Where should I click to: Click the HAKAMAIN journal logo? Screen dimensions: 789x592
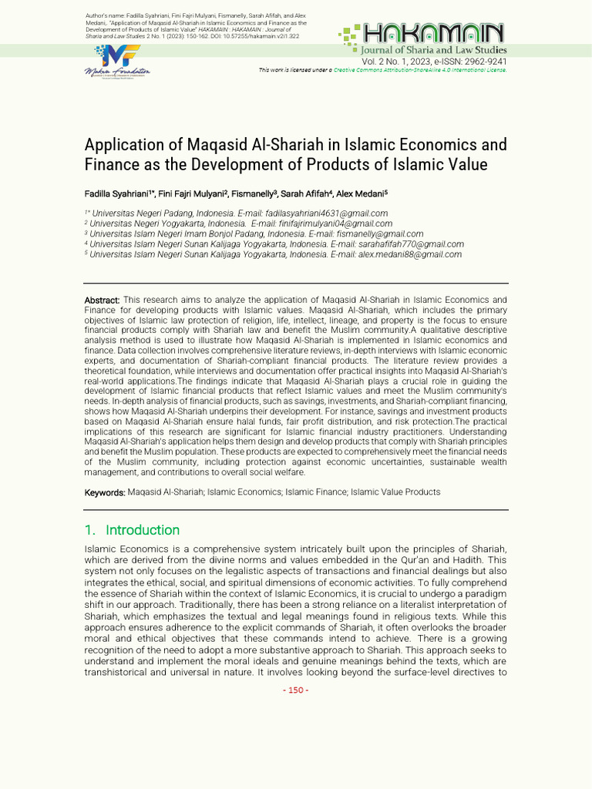(422, 34)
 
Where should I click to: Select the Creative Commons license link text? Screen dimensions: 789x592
(420, 69)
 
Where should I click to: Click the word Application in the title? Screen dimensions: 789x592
(123, 145)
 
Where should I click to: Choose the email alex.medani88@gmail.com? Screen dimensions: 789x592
(409, 254)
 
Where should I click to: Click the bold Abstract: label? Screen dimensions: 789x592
(102, 300)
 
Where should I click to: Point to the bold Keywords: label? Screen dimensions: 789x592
(105, 492)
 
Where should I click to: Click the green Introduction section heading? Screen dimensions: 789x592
(142, 530)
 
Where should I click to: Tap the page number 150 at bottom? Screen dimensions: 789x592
(296, 690)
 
